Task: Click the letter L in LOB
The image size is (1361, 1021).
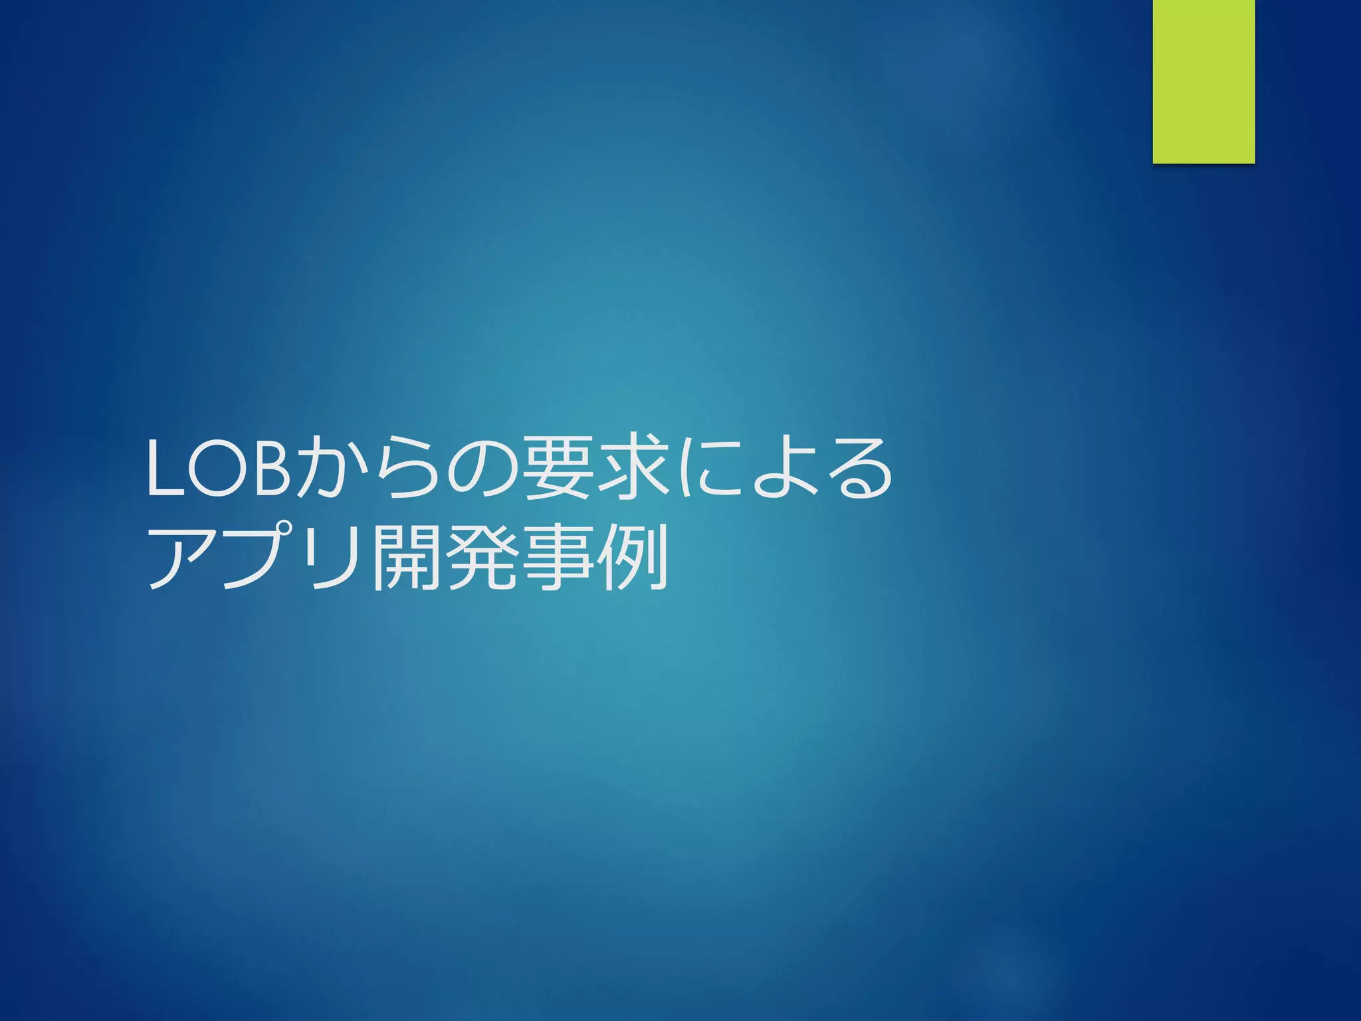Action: click(165, 468)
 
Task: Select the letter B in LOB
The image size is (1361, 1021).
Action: click(269, 468)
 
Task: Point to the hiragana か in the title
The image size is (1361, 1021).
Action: click(330, 467)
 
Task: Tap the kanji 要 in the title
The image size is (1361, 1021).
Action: click(557, 467)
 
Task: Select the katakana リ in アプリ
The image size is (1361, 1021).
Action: click(330, 558)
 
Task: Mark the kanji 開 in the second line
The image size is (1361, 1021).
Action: click(405, 558)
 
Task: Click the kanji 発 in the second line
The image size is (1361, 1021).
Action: click(481, 558)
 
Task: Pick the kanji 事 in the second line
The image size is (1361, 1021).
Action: click(557, 558)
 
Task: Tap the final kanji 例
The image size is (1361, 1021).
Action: click(632, 558)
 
